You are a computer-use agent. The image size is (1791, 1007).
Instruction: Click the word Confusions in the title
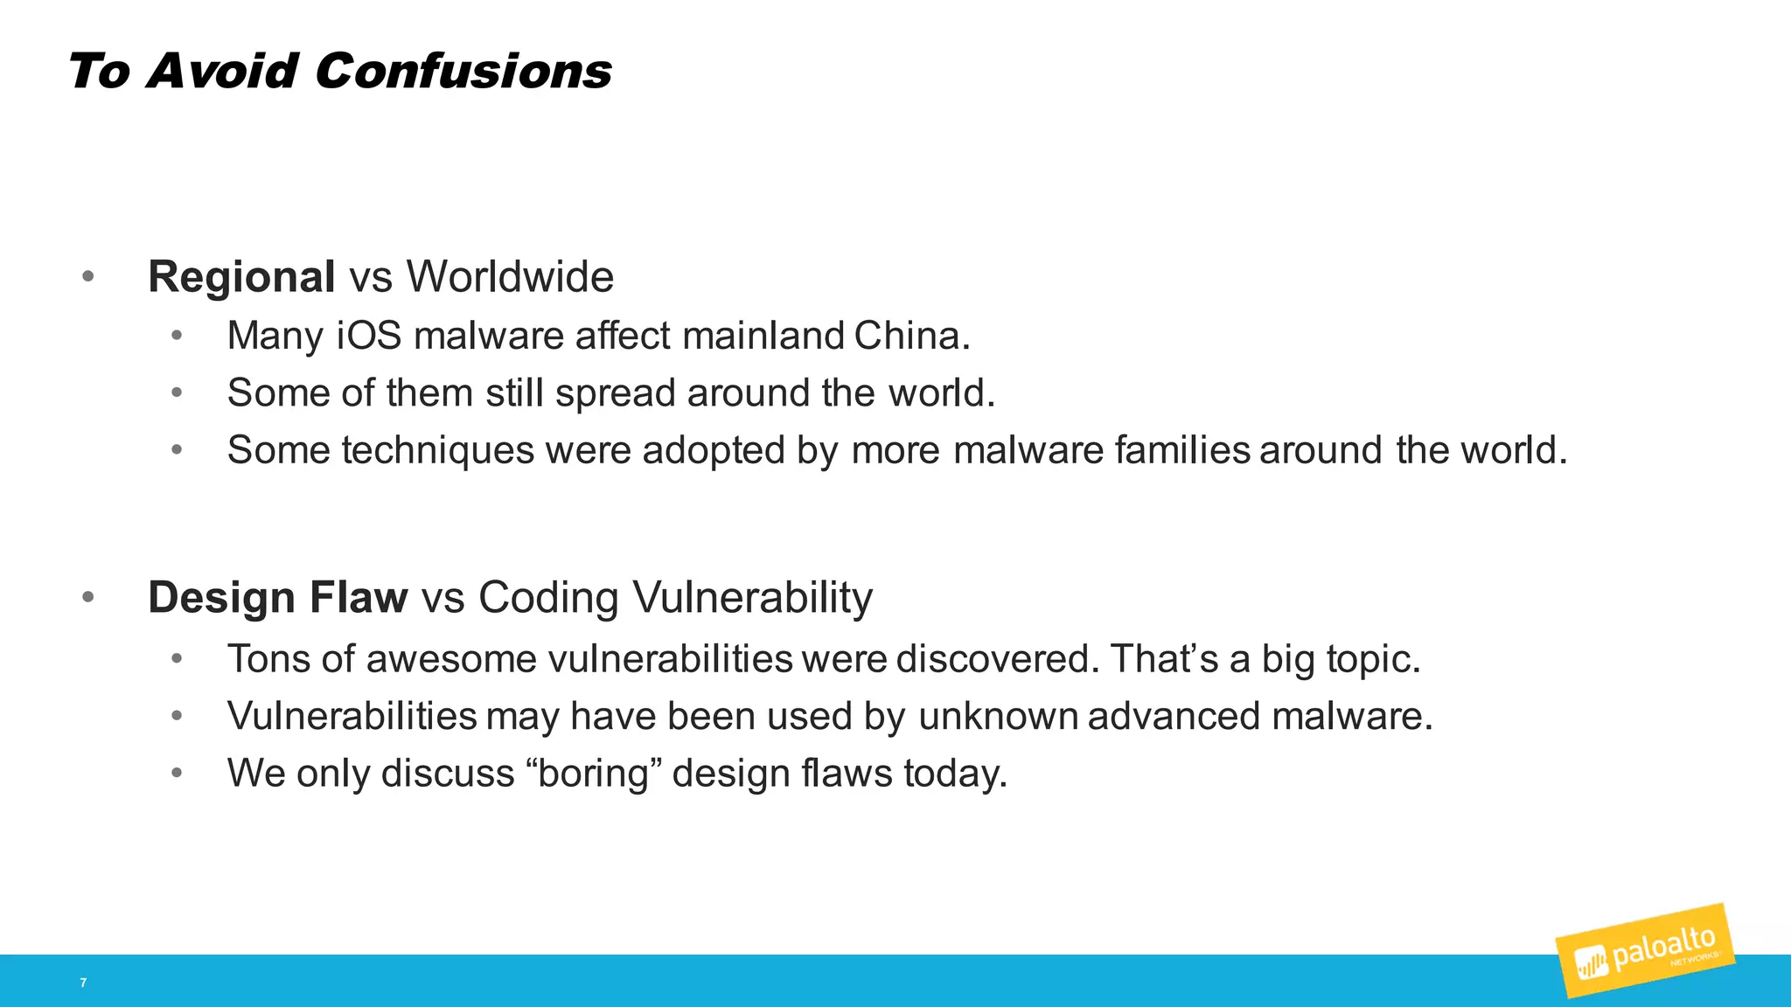(x=463, y=71)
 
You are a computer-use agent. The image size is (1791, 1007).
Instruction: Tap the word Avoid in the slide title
(x=223, y=71)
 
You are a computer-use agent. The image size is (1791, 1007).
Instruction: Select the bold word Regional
(x=241, y=277)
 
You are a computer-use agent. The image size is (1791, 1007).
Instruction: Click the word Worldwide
(x=510, y=277)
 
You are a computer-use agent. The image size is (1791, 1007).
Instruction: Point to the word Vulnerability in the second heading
(x=752, y=599)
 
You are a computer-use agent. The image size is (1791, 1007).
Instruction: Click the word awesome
(x=450, y=659)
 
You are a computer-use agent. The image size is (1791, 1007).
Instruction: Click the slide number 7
(x=83, y=983)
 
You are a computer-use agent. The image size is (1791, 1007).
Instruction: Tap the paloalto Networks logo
(x=1645, y=950)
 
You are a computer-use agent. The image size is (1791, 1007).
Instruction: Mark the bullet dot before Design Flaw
(x=87, y=598)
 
